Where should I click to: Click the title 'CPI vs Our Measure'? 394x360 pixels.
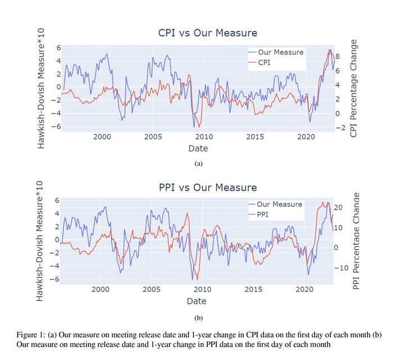208,33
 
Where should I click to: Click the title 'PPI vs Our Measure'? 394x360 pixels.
208,187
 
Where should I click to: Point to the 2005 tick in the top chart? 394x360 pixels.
153,137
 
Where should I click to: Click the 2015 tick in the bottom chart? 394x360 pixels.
253,290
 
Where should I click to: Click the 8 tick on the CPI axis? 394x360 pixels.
338,56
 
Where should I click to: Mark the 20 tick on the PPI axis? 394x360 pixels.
338,208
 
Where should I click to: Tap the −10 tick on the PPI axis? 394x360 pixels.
341,268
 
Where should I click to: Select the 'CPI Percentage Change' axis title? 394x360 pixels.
353,88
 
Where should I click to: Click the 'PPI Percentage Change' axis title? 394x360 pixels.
356,241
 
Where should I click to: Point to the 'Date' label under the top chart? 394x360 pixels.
198,148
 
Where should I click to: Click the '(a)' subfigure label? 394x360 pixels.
199,164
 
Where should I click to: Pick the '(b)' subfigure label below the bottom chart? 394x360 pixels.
199,318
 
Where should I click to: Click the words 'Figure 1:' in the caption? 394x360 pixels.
30,335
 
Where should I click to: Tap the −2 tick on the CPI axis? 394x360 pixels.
341,128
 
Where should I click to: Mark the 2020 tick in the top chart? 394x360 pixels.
306,137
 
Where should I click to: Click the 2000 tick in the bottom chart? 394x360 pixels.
100,290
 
